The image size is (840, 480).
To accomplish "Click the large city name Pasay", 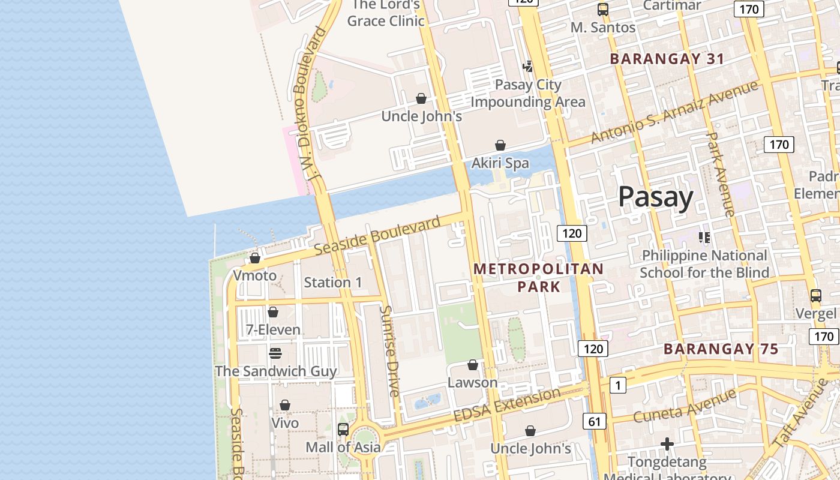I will pos(655,197).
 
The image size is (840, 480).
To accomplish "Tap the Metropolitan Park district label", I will pos(538,277).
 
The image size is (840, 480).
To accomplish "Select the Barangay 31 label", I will pos(667,59).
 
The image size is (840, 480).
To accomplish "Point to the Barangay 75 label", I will pos(721,349).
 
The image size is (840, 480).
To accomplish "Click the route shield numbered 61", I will pos(594,422).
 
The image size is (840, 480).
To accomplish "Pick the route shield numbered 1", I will pos(617,385).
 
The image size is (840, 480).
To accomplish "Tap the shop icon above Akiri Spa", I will pos(500,145).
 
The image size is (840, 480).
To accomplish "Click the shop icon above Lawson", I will pos(473,365).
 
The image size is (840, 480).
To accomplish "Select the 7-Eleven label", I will pos(273,329).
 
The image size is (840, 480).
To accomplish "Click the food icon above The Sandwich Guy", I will pos(275,353).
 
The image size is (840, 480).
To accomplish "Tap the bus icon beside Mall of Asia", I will pos(343,429).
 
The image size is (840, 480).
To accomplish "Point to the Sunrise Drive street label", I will pos(390,351).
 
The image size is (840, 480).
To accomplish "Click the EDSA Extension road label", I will pos(506,405).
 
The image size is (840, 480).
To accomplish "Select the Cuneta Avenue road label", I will pos(684,406).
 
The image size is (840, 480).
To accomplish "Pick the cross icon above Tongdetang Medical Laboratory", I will pos(667,444).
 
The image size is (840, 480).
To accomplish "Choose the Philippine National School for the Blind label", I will pos(704,264).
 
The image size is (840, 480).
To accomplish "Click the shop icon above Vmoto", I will pos(255,258).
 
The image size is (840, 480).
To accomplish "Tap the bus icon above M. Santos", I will pos(603,10).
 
